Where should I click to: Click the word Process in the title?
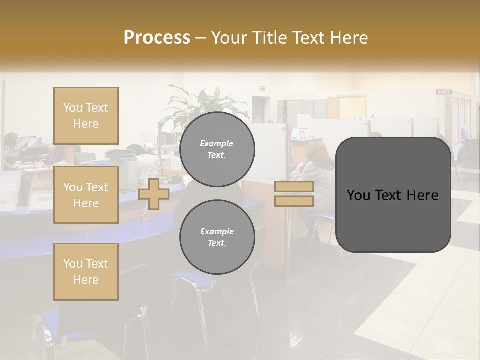click(x=157, y=38)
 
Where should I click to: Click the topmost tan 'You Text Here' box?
click(x=86, y=116)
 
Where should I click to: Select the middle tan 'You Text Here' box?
click(x=86, y=195)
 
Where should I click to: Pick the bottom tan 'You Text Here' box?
click(x=86, y=271)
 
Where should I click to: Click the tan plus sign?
click(x=154, y=194)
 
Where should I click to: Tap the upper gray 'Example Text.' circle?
click(x=217, y=149)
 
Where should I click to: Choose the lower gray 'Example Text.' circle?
click(x=217, y=237)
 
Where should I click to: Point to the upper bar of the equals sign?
click(x=294, y=187)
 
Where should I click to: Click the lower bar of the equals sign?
click(x=294, y=201)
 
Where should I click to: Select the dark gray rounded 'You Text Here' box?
click(x=393, y=195)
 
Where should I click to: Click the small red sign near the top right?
click(x=443, y=92)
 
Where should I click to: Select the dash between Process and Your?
click(x=200, y=38)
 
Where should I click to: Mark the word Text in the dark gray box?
click(x=393, y=195)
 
